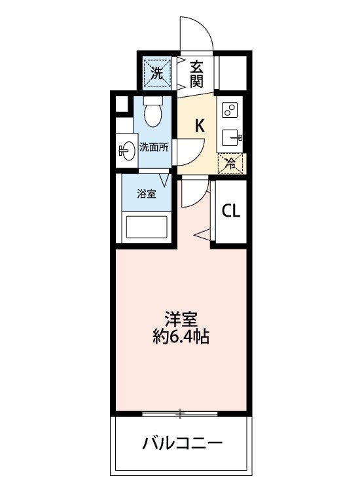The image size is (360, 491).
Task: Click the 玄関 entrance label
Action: [x=197, y=73]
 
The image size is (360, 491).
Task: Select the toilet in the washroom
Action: [x=154, y=113]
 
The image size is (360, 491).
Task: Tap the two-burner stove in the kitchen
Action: [x=231, y=110]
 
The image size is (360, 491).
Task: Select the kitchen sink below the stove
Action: [x=231, y=137]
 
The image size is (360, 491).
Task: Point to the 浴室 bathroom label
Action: [x=146, y=194]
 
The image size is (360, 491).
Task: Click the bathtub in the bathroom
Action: [x=147, y=228]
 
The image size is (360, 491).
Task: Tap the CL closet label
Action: [x=230, y=211]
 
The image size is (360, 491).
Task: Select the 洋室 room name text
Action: [x=181, y=319]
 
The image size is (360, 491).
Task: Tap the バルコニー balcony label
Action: [x=182, y=444]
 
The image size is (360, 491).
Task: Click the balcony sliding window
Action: [x=181, y=413]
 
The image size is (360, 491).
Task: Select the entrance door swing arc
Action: [x=198, y=33]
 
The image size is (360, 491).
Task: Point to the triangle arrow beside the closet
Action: [x=202, y=232]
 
